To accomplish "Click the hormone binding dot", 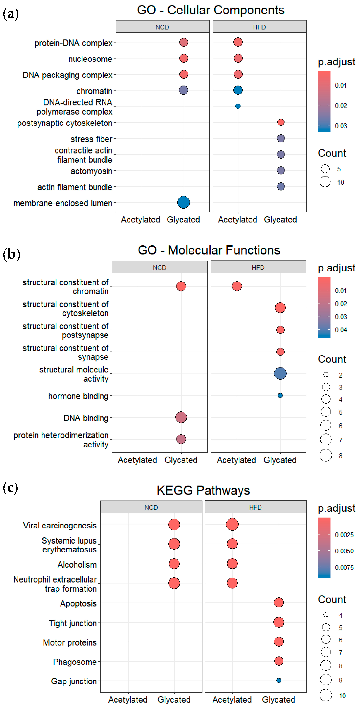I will click(x=280, y=395).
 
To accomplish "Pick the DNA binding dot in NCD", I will click(x=181, y=417).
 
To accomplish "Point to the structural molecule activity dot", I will click(x=280, y=373).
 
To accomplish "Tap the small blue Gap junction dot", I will click(x=279, y=680).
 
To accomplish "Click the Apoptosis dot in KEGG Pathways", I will click(x=279, y=602).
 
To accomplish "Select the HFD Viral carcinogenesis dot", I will click(x=232, y=524).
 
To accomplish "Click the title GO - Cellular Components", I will click(x=211, y=10).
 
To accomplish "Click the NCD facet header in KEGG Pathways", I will click(x=151, y=507).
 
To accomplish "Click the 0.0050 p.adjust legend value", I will click(x=344, y=551).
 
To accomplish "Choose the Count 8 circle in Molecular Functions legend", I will click(x=326, y=455).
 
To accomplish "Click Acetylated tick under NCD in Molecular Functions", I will click(x=137, y=460).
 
